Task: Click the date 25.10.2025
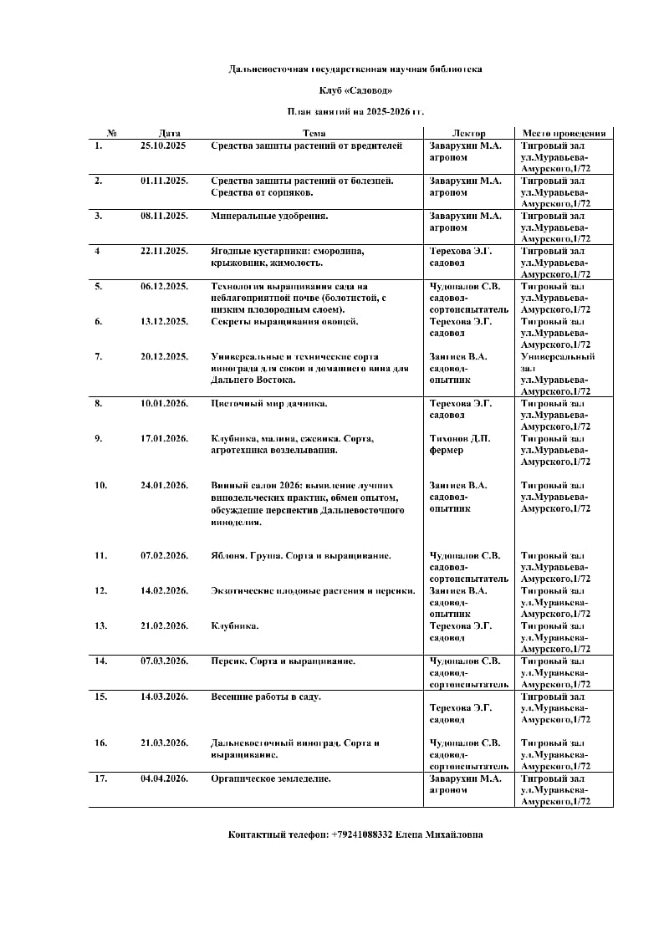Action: pyautogui.click(x=163, y=145)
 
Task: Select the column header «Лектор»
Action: pyautogui.click(x=468, y=133)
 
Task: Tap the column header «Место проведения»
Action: pyautogui.click(x=564, y=133)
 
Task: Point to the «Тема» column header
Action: pyautogui.click(x=314, y=133)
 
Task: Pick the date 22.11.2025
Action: pyautogui.click(x=164, y=251)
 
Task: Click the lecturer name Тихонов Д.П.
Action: pyautogui.click(x=460, y=438)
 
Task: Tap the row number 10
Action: pyautogui.click(x=100, y=485)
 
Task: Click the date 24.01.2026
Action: pyautogui.click(x=164, y=485)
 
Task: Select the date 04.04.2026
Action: pyautogui.click(x=164, y=778)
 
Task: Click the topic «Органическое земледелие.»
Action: pyautogui.click(x=271, y=778)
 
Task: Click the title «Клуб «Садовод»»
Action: pyautogui.click(x=355, y=89)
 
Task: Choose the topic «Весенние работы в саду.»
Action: pyautogui.click(x=266, y=697)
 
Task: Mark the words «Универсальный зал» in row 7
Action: pyautogui.click(x=558, y=361)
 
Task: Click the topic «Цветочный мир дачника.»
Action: pyautogui.click(x=268, y=403)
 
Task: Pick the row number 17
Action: pyautogui.click(x=100, y=778)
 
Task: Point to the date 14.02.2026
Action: pyautogui.click(x=164, y=590)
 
